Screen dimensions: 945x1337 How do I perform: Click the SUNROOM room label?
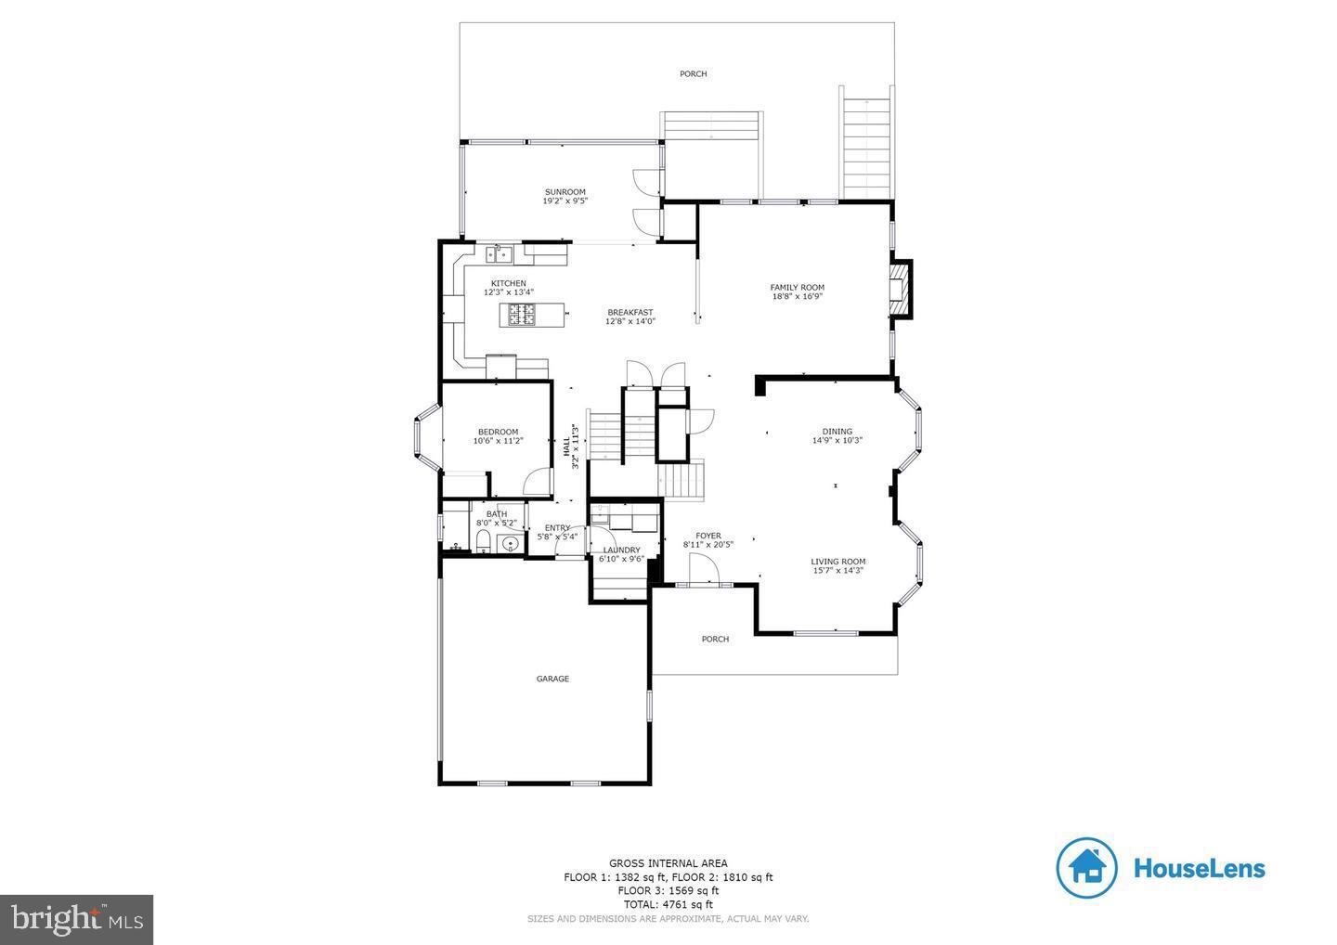pyautogui.click(x=565, y=192)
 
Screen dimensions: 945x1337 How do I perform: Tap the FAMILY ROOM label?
pyautogui.click(x=797, y=288)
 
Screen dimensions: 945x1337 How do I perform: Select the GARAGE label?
pyautogui.click(x=552, y=679)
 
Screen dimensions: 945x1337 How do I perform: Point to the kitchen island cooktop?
pyautogui.click(x=520, y=315)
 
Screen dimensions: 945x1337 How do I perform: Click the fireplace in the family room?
pyautogui.click(x=899, y=290)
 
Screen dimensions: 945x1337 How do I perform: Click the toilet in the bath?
pyautogui.click(x=482, y=542)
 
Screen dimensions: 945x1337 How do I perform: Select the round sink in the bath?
pyautogui.click(x=510, y=543)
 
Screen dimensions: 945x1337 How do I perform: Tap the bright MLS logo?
pyautogui.click(x=76, y=919)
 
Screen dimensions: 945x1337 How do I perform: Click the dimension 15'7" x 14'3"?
pyautogui.click(x=837, y=571)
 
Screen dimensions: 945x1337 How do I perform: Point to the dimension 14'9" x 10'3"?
pyautogui.click(x=837, y=441)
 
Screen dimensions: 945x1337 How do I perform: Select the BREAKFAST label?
pyautogui.click(x=630, y=313)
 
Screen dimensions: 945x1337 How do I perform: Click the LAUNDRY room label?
pyautogui.click(x=621, y=550)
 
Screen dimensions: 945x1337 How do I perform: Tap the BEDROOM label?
pyautogui.click(x=498, y=432)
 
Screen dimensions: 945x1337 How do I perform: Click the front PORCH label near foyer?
pyautogui.click(x=715, y=639)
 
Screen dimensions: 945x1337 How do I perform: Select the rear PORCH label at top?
pyautogui.click(x=693, y=73)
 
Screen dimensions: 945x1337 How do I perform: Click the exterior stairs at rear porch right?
pyautogui.click(x=867, y=144)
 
